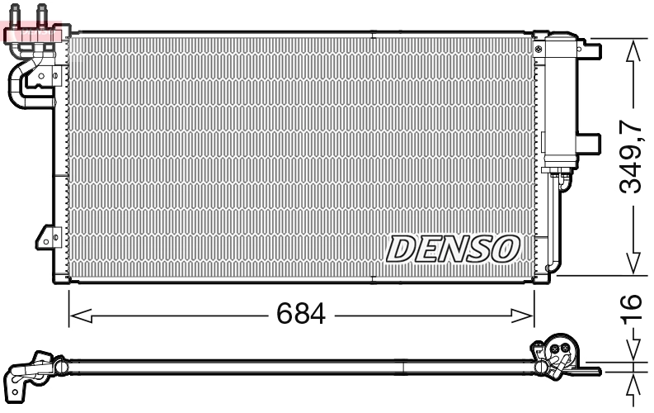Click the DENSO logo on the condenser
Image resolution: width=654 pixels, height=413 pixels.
click(x=453, y=248)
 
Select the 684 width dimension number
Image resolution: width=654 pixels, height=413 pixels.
click(x=301, y=314)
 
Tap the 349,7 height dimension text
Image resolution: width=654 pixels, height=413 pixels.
click(x=631, y=157)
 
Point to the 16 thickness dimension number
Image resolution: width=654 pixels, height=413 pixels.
click(x=631, y=312)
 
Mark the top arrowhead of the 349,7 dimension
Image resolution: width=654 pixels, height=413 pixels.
click(x=633, y=48)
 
